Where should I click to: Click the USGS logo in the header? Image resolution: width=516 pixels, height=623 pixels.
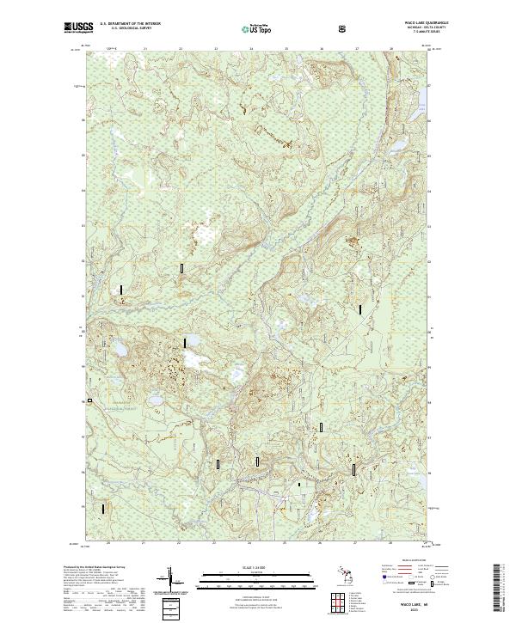pos(78,28)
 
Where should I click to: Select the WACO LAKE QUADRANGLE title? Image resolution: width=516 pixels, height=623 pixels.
pos(408,24)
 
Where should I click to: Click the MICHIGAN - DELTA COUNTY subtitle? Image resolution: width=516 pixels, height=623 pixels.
pos(408,28)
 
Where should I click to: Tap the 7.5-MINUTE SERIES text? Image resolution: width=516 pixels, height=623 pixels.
pos(408,33)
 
